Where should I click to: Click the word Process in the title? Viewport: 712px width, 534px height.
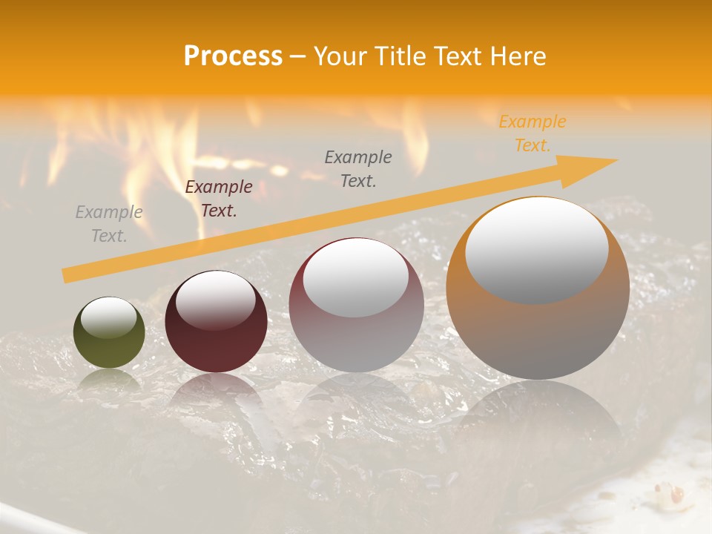click(233, 56)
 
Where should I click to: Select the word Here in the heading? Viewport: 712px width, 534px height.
click(517, 56)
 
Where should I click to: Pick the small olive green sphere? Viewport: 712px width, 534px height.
click(109, 333)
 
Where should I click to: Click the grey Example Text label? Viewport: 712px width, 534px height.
click(109, 224)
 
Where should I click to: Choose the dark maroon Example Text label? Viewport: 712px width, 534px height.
click(218, 199)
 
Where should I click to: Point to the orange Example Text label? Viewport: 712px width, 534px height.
click(532, 133)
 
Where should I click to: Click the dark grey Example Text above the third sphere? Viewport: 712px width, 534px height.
click(358, 168)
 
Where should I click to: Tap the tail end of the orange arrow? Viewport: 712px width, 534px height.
click(67, 276)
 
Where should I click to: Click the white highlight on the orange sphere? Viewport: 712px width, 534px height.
click(537, 248)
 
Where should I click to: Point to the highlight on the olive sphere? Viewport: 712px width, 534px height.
click(108, 318)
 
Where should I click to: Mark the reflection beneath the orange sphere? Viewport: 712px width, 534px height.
click(538, 415)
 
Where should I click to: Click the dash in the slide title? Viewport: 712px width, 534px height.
click(298, 56)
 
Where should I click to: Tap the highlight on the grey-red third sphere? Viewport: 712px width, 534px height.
click(355, 277)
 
